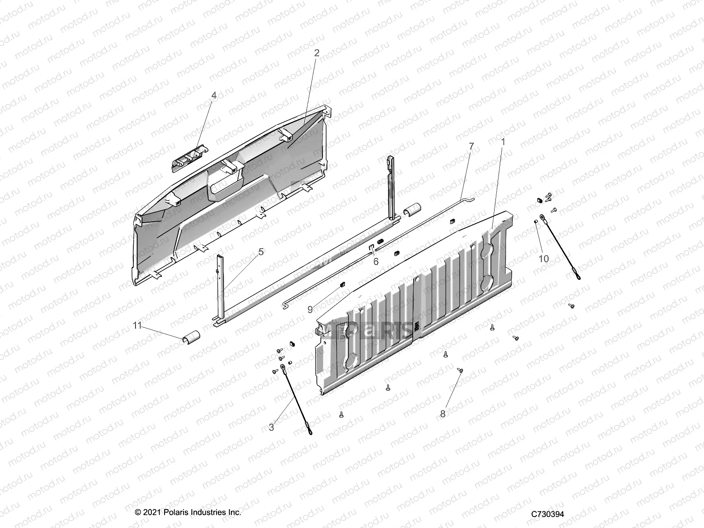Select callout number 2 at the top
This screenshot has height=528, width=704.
(x=316, y=53)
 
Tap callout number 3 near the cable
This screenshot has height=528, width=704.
(x=271, y=427)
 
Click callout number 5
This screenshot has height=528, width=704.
(x=261, y=252)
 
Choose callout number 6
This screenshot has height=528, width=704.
(x=375, y=261)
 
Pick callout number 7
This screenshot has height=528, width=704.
(x=471, y=134)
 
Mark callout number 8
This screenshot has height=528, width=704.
(x=443, y=414)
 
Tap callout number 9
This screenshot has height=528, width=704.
(x=310, y=309)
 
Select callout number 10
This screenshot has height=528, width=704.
(x=544, y=259)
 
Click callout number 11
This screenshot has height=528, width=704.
(x=137, y=325)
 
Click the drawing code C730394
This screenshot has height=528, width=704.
(x=547, y=514)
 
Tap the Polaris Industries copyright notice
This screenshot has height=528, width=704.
(x=188, y=513)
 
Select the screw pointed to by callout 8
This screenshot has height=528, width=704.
(x=460, y=371)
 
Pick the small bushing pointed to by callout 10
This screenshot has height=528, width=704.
(x=536, y=221)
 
